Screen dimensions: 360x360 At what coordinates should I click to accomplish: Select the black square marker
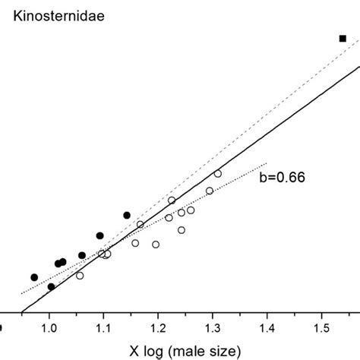tap(343, 38)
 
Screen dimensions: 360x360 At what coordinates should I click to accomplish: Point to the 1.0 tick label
tap(49, 327)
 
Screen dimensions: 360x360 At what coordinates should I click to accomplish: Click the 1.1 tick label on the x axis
tap(103, 327)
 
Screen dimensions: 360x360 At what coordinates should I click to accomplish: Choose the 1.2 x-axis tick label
tap(158, 327)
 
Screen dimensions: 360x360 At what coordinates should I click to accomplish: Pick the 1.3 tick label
tap(212, 327)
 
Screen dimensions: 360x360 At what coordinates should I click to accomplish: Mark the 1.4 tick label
tap(267, 327)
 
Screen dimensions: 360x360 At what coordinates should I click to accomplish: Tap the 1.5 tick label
tap(321, 327)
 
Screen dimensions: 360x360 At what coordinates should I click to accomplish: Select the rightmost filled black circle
tap(127, 215)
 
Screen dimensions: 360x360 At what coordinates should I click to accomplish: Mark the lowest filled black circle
tap(51, 286)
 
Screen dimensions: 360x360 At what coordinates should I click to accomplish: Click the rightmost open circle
tap(218, 174)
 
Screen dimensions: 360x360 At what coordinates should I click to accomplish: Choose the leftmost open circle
tap(80, 276)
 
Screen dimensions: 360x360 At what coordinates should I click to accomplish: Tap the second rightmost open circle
tap(210, 191)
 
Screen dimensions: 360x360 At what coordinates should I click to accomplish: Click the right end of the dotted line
tap(267, 163)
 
